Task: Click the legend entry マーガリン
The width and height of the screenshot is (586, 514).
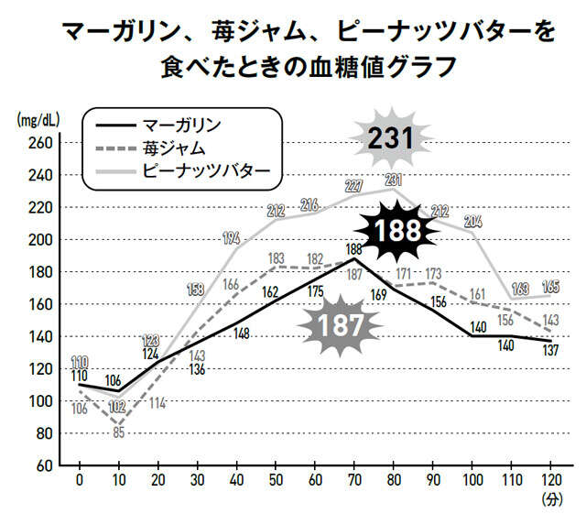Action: [182, 124]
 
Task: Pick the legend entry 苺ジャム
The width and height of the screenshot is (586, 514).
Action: [172, 147]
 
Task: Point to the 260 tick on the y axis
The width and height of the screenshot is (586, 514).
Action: [38, 143]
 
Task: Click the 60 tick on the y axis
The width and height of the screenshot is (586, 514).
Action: [41, 465]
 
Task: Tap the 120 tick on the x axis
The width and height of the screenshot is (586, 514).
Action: [550, 481]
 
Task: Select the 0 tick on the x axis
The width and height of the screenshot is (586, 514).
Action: [80, 481]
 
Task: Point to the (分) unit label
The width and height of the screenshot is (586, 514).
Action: [550, 500]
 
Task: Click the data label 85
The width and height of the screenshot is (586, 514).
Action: [118, 433]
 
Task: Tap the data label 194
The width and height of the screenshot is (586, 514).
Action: [232, 239]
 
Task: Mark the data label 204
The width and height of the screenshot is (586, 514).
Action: [473, 221]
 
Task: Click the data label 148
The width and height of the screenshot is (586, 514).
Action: [242, 334]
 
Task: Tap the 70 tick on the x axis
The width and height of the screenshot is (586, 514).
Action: [354, 481]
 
